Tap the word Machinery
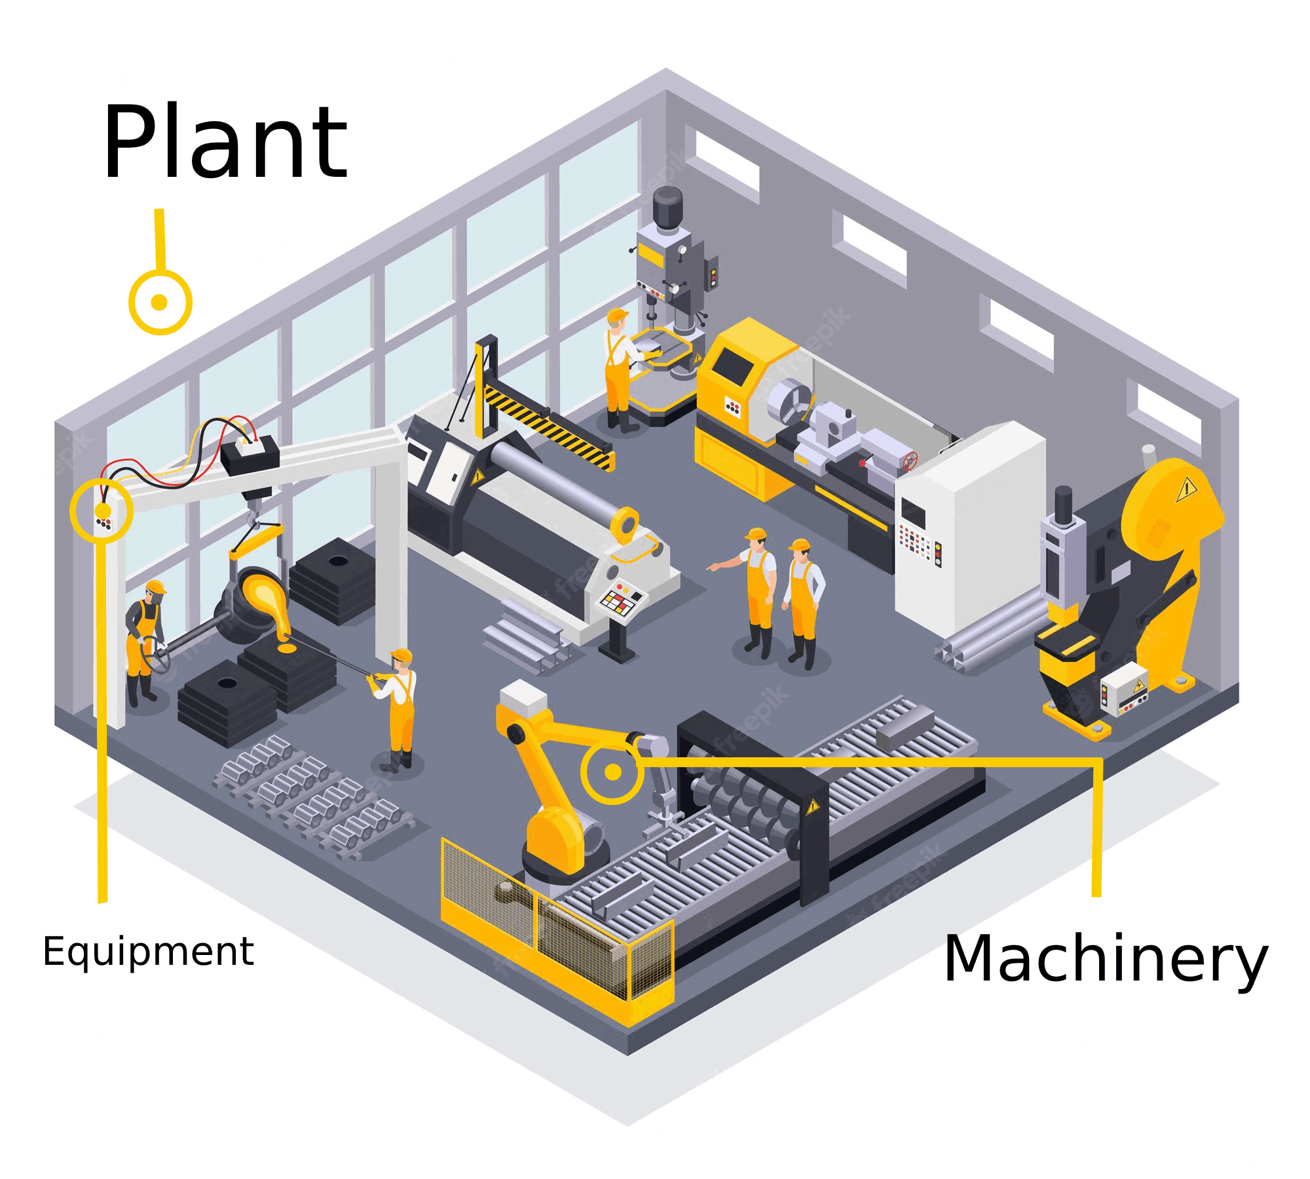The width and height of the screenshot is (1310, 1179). [1106, 960]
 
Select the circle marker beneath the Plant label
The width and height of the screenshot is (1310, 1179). [160, 302]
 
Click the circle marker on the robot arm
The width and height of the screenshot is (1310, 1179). [612, 772]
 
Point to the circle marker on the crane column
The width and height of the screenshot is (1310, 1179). [102, 510]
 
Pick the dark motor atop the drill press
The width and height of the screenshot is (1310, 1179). [667, 208]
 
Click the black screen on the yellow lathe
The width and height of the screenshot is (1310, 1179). [733, 367]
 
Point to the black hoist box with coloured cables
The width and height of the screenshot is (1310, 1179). [250, 454]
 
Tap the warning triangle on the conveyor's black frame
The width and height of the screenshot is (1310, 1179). [813, 806]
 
